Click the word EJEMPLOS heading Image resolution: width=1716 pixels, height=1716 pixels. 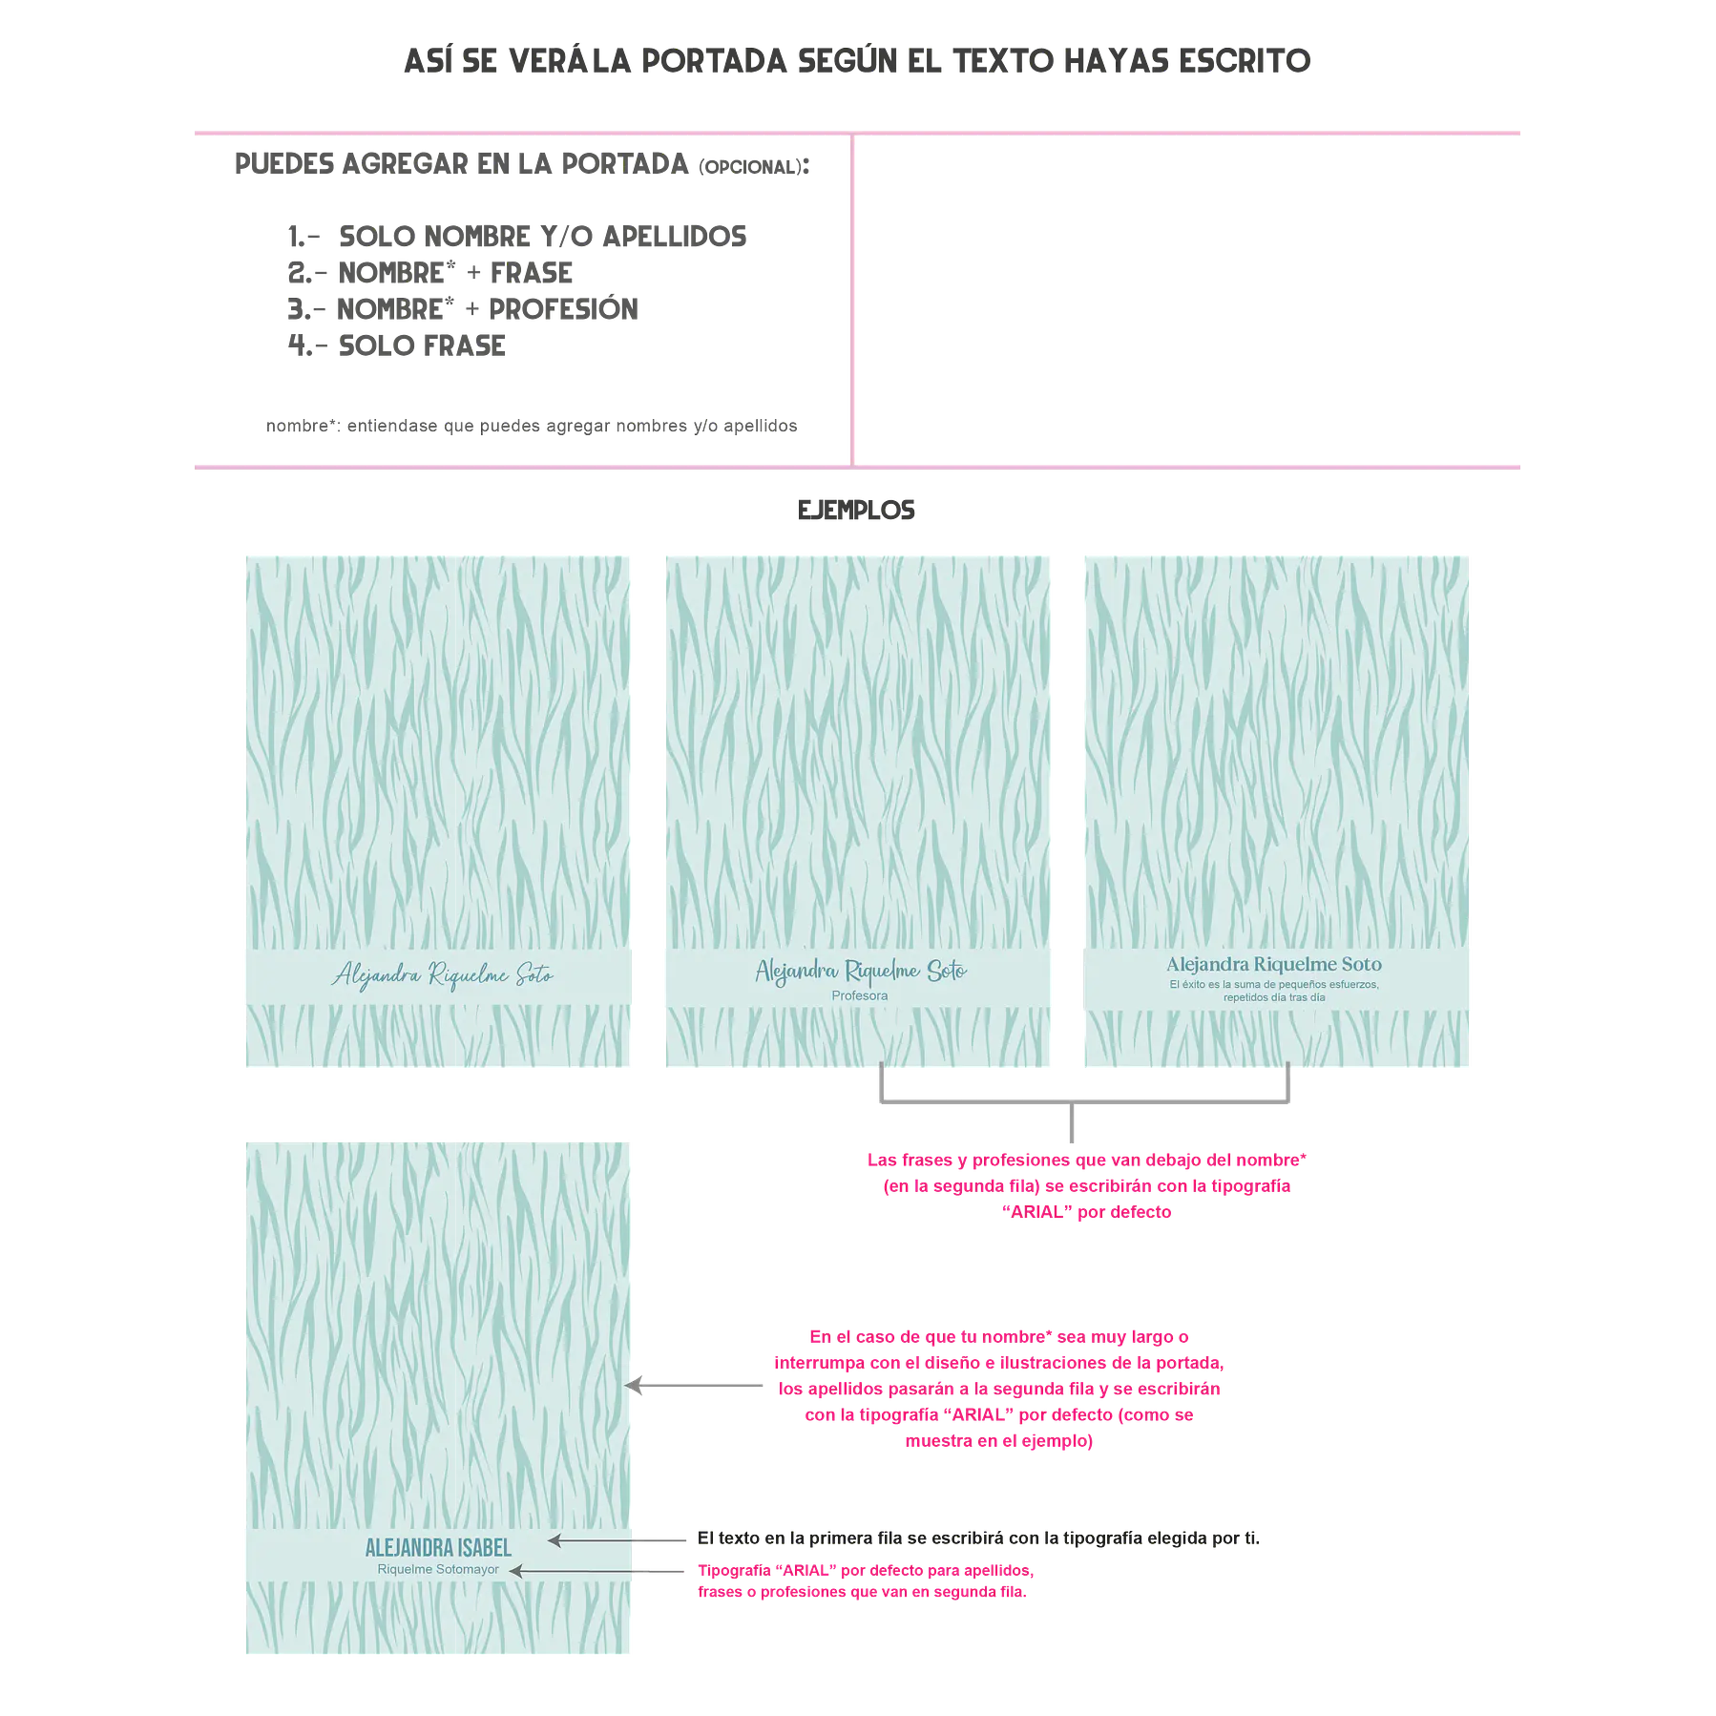point(856,511)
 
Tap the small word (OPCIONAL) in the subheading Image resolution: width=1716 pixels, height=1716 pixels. point(749,167)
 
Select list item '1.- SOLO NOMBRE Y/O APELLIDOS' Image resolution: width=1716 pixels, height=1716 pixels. point(517,237)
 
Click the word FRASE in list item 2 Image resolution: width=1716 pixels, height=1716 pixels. point(532,273)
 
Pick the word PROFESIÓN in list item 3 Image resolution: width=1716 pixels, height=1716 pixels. point(563,309)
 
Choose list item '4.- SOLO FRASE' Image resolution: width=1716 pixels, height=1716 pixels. point(397,345)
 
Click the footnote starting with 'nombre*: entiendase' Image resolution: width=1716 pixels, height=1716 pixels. point(532,426)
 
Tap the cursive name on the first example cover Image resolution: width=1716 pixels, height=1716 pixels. point(443,975)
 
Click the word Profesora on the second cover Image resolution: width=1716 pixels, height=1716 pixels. point(860,995)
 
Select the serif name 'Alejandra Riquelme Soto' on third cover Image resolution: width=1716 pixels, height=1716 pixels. point(1274,964)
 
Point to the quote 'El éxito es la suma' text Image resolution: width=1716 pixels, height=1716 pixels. point(1274,991)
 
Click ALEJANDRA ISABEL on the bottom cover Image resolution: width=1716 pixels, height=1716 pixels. point(438,1547)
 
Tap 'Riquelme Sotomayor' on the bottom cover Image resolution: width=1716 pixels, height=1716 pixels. point(438,1569)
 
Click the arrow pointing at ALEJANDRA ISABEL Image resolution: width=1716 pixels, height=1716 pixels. point(617,1539)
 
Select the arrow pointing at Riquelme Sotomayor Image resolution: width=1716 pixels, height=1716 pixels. point(596,1570)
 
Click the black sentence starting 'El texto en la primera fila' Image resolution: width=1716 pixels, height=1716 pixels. point(978,1538)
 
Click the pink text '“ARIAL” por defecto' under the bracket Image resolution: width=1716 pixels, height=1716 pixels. point(1086,1212)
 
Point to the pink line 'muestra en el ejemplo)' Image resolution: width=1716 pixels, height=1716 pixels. point(999,1441)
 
